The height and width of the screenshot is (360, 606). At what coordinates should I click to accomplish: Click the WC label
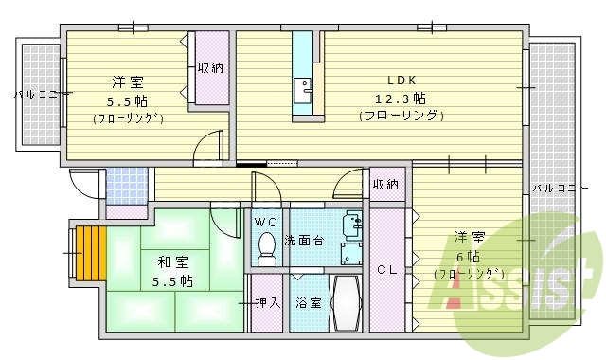point(266,222)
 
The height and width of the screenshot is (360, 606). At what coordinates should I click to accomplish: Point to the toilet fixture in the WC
point(266,248)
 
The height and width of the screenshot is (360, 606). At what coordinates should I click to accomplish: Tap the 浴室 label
point(308,303)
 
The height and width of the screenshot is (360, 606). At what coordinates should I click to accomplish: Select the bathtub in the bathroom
point(346,303)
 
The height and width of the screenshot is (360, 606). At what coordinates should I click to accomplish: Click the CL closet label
point(386,268)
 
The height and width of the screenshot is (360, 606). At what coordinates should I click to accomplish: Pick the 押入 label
point(268,303)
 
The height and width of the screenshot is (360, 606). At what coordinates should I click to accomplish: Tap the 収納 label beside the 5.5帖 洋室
point(210,67)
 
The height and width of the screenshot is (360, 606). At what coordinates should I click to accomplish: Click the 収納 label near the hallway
point(384,184)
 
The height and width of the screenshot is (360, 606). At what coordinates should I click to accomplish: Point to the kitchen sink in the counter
point(305,89)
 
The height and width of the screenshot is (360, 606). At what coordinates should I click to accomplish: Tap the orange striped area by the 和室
point(88,254)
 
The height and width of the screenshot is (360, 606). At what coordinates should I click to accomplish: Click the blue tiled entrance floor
point(125,187)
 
